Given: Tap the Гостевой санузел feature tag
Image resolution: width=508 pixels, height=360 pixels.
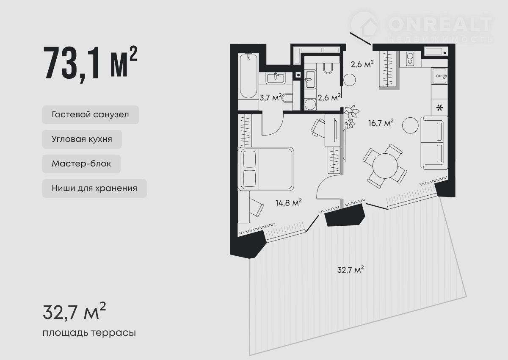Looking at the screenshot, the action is (91, 114).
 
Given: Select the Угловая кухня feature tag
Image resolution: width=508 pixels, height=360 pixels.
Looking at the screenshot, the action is (82, 139).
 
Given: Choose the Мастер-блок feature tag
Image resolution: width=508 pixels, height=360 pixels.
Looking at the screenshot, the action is (81, 163).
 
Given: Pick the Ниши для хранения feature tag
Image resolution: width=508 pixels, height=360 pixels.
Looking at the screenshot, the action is (94, 188).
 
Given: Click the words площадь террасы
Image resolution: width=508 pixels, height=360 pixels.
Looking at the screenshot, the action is (89, 333).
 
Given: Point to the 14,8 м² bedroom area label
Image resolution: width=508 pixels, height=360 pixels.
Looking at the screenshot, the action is (288, 202).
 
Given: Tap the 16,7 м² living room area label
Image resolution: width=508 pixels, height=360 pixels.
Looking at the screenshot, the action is (381, 123).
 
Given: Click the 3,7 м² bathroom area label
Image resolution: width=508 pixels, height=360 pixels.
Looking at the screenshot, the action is (271, 97).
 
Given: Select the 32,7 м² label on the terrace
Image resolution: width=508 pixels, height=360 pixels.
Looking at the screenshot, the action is (351, 270).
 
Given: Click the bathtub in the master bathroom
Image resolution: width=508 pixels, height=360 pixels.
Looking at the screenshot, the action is (248, 76).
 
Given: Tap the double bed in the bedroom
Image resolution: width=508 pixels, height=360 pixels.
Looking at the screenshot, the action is (266, 169).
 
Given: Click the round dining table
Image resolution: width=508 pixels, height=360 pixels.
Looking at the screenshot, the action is (385, 166).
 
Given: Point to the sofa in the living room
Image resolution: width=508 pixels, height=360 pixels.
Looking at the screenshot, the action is (434, 143).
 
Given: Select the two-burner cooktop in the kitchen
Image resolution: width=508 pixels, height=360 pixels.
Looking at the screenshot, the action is (410, 59).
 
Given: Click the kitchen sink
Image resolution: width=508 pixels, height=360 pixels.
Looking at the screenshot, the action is (439, 76).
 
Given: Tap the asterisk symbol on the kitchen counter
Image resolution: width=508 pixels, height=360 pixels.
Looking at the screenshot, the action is (440, 108).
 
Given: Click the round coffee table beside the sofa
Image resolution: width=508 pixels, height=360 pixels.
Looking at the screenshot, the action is (411, 125).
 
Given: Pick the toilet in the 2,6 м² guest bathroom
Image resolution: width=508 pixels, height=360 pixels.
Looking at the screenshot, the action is (328, 68).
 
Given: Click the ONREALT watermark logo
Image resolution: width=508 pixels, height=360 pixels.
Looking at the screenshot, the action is (422, 27).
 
